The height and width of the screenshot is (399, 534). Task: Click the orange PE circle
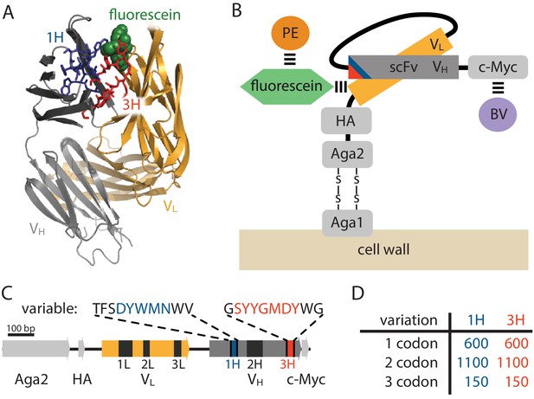[x=290, y=34]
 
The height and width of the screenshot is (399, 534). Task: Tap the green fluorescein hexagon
[x=286, y=87]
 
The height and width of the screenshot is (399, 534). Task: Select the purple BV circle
[x=498, y=115]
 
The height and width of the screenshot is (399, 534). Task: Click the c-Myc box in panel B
[x=498, y=68]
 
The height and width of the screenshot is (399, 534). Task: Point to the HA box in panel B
[x=346, y=121]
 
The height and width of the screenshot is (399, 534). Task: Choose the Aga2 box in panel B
[x=347, y=155]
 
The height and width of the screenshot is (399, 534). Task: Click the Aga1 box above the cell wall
[x=347, y=223]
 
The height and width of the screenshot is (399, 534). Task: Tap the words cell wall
[x=383, y=249]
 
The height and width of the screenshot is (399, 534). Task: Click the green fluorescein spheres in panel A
[x=119, y=38]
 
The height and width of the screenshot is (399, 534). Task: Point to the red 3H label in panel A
[x=131, y=105]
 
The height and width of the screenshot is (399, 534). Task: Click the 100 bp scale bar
[x=21, y=335]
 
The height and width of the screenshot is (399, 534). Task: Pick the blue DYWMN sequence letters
[x=143, y=309]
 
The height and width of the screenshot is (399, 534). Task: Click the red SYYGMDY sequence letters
[x=267, y=309]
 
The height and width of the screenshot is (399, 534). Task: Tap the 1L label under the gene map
[x=125, y=364]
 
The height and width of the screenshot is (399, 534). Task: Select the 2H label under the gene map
[x=254, y=364]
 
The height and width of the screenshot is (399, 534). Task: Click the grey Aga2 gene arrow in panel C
[x=35, y=348]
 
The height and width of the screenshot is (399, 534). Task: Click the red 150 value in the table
[x=516, y=382]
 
